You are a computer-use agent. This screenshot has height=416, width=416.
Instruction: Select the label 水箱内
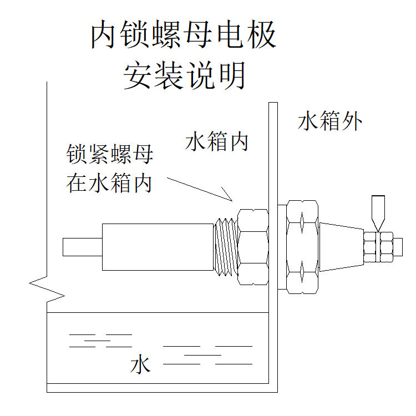click(x=216, y=143)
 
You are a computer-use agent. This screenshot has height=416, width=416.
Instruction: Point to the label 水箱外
click(x=331, y=121)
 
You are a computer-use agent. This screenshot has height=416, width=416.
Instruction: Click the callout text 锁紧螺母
click(x=110, y=155)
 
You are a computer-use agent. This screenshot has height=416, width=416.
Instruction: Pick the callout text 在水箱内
click(x=110, y=183)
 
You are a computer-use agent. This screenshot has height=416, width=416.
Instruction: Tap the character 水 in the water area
click(x=140, y=366)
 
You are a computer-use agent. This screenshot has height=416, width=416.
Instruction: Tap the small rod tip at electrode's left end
click(x=82, y=247)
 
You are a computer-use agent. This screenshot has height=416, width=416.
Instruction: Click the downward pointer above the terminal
click(x=379, y=212)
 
